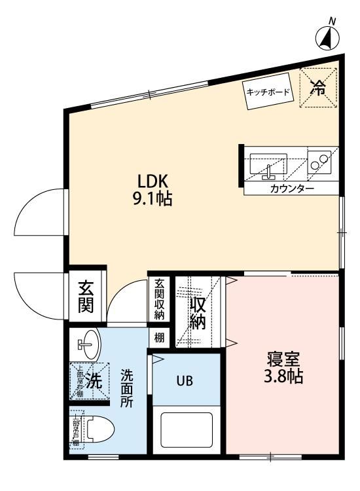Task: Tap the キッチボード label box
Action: (268, 92)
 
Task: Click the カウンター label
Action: (291, 189)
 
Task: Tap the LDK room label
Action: (153, 181)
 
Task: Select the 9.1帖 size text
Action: (153, 199)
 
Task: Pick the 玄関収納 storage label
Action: (159, 300)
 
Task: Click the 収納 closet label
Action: (198, 314)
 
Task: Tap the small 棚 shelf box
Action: (159, 338)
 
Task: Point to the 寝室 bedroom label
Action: (283, 359)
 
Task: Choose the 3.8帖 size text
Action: (283, 378)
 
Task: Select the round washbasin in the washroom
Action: (88, 343)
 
